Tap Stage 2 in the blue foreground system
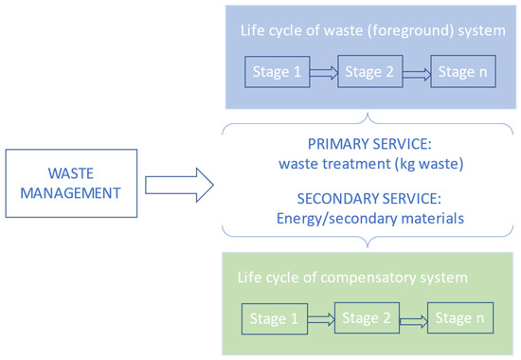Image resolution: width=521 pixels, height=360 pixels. [368, 71]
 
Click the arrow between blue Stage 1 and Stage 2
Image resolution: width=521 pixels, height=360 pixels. [322, 71]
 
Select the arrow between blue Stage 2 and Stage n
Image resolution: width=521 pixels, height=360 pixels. [414, 71]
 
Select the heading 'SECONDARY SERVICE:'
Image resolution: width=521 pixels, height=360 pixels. [369, 201]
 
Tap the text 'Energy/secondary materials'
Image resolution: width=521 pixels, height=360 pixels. [369, 219]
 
